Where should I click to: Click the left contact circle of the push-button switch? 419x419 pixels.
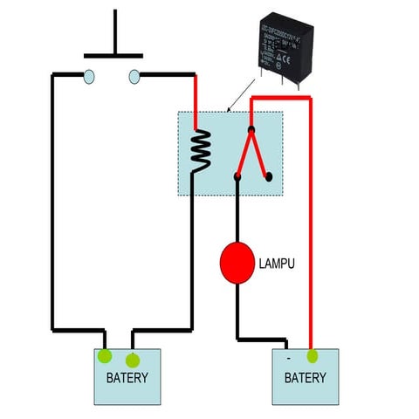click(x=89, y=77)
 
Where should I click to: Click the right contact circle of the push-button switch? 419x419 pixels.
click(x=134, y=77)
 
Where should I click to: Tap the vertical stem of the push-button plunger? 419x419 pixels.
click(x=114, y=31)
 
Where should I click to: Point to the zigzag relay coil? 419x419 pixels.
click(x=201, y=150)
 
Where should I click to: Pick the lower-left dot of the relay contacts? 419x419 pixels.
click(x=237, y=177)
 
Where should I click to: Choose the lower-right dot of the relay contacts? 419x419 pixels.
click(x=269, y=176)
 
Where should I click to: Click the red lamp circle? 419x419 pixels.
click(x=237, y=264)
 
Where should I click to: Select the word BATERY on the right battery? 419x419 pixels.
click(x=306, y=378)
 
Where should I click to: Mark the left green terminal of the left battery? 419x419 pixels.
click(x=105, y=355)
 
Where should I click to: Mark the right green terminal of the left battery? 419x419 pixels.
click(x=133, y=360)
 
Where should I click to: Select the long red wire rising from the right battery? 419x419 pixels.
click(x=311, y=227)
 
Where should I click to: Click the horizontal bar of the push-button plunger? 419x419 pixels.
click(x=113, y=54)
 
